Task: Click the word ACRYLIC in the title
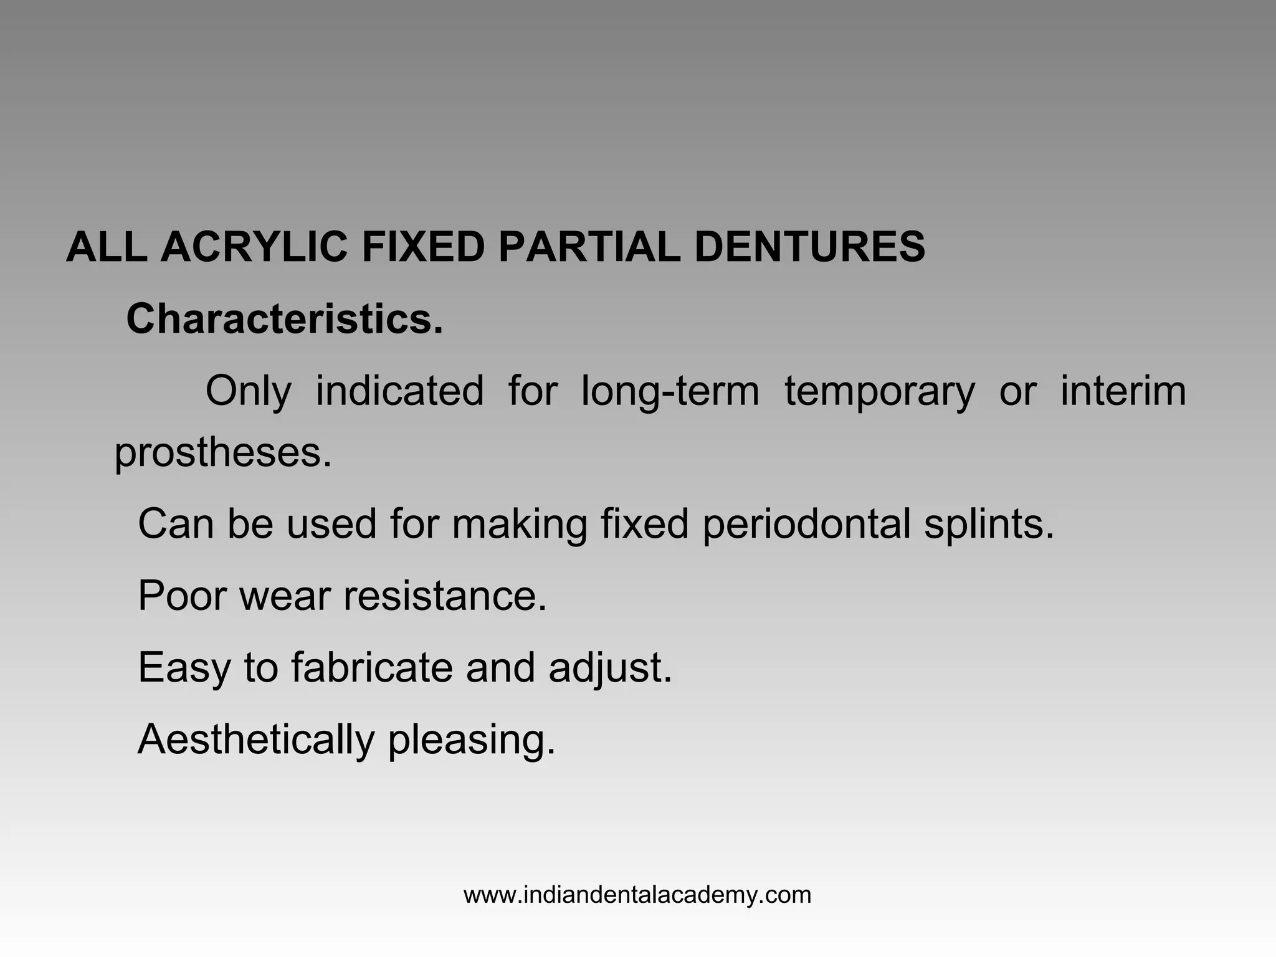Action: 254,247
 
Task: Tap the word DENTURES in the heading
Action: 809,247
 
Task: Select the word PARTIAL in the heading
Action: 589,247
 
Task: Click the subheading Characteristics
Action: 285,319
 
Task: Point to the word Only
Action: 248,391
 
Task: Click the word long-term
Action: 670,391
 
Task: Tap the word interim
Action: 1123,391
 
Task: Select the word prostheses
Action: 223,453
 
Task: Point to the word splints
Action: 989,525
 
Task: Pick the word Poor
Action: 182,596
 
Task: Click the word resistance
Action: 445,596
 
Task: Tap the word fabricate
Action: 372,667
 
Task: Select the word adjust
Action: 610,669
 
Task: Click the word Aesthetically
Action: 256,740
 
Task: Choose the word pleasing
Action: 471,741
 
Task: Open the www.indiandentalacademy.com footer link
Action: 637,895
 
